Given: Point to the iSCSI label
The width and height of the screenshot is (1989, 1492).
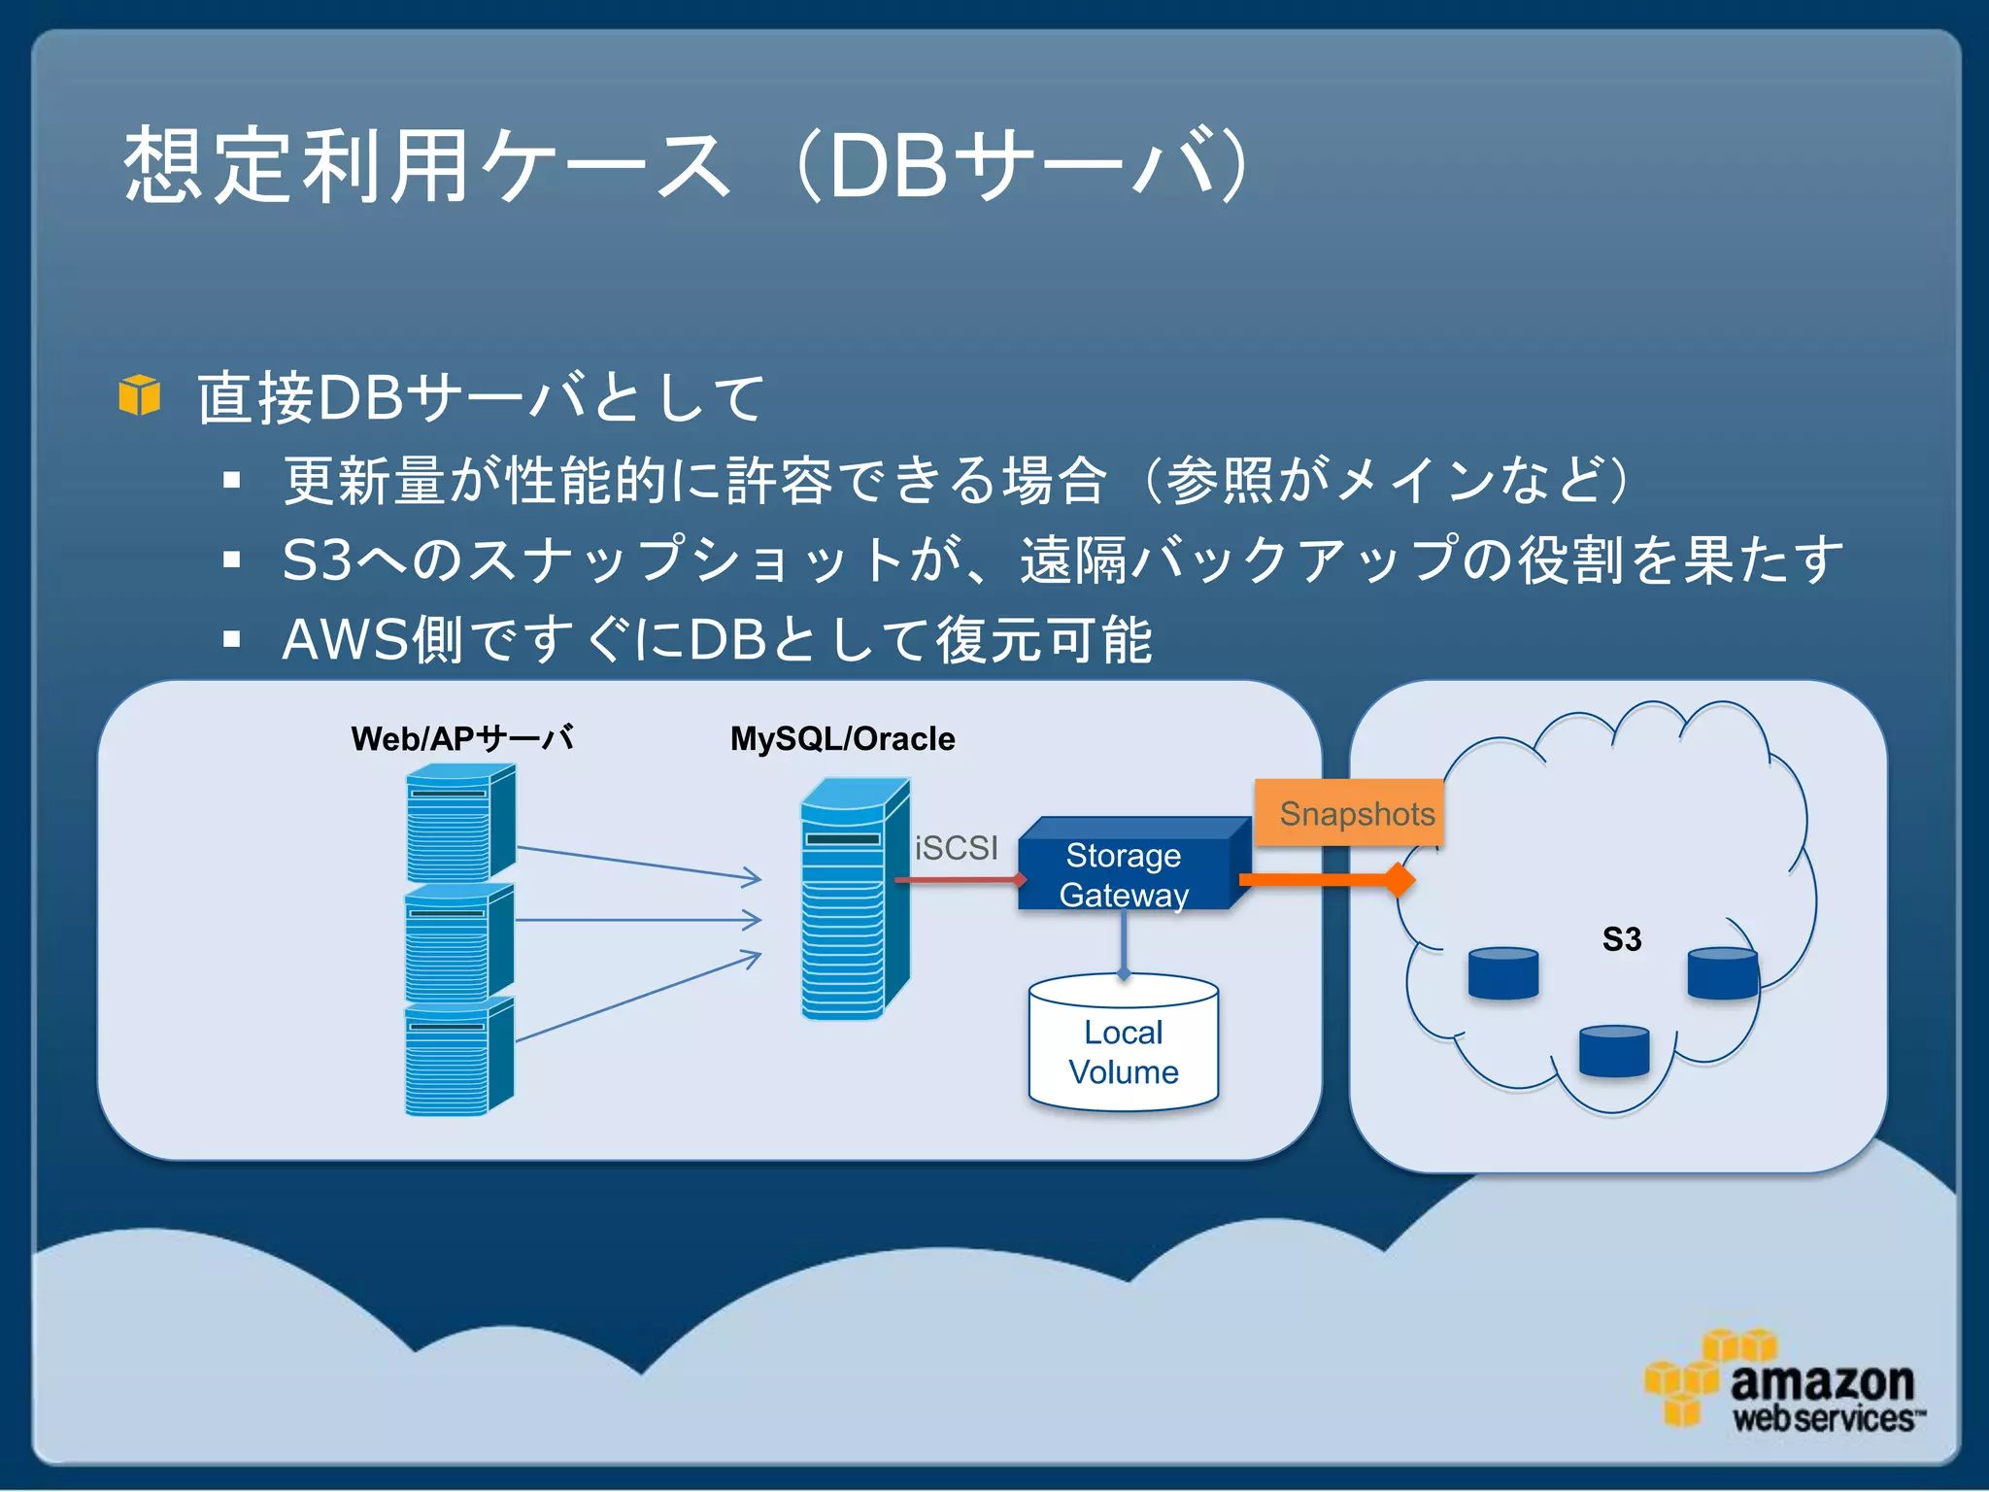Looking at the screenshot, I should point(956,848).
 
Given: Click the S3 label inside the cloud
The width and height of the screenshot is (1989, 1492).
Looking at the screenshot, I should point(1621,939).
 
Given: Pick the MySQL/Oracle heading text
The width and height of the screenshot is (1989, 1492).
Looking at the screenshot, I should point(842,739).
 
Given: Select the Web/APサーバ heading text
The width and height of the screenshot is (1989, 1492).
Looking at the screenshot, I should point(461,739).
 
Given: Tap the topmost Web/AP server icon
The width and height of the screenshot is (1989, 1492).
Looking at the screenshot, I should point(459,822).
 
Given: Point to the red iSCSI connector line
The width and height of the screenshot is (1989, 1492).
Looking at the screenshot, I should point(957,880).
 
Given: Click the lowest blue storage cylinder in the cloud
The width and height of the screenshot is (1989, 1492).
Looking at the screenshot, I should point(1613,1052).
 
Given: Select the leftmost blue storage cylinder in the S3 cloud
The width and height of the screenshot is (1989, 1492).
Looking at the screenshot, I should point(1502,974).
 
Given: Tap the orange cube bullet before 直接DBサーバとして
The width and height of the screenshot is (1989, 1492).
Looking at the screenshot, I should point(139,395).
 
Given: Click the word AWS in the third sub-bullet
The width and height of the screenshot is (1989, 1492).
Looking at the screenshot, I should point(345,640).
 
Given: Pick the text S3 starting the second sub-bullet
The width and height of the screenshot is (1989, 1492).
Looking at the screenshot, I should point(317,560).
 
